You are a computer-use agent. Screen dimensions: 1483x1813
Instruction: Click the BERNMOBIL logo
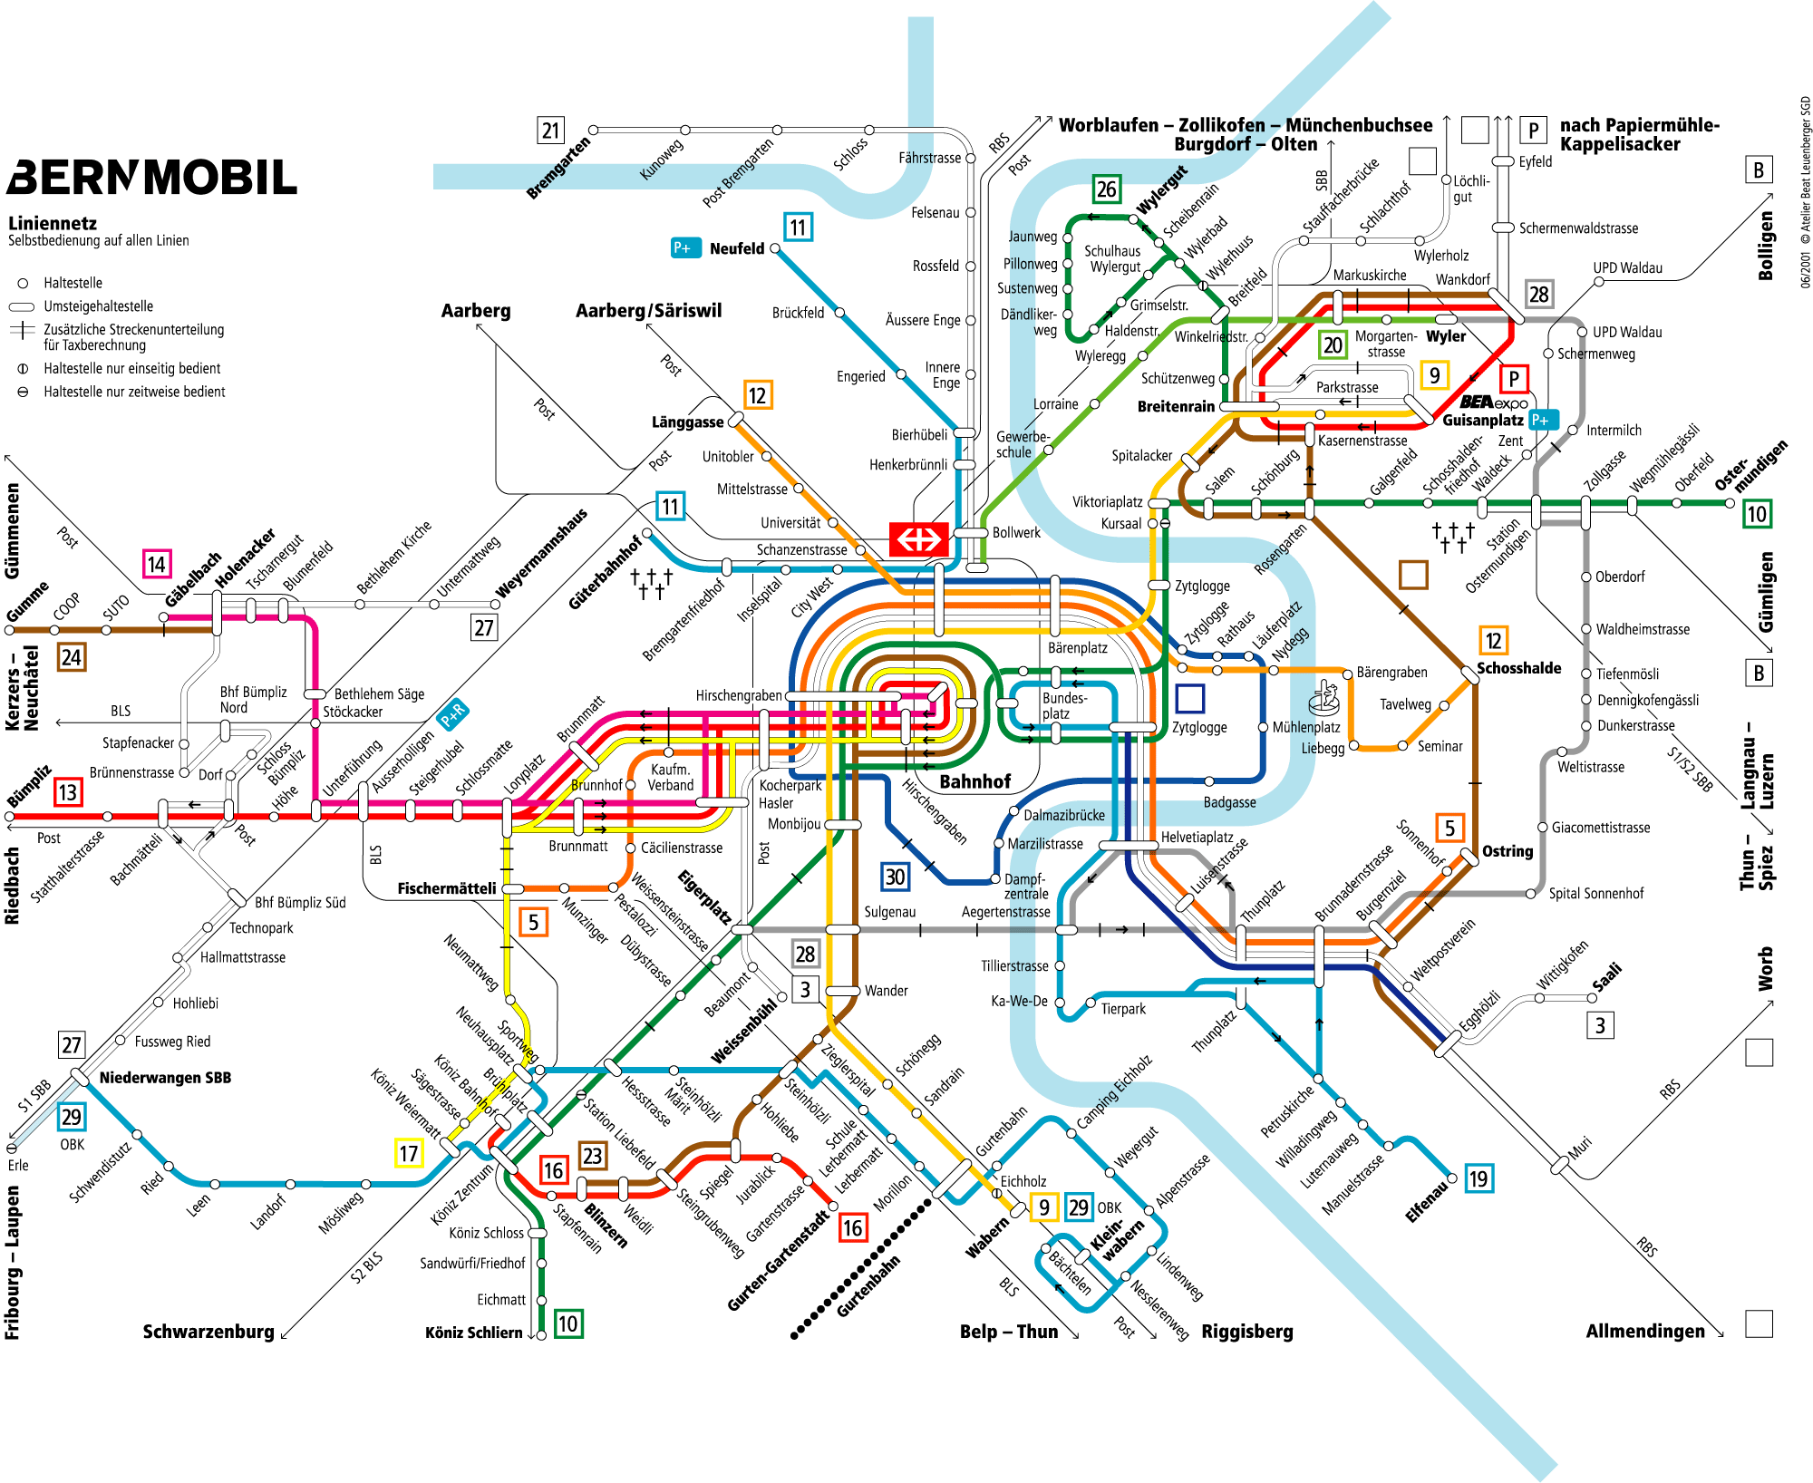click(152, 178)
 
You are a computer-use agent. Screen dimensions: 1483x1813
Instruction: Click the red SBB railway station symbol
click(918, 539)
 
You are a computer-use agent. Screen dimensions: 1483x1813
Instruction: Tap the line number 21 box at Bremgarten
click(550, 131)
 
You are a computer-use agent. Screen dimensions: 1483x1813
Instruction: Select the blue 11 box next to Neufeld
click(798, 227)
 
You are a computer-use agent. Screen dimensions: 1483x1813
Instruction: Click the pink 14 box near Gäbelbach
click(157, 565)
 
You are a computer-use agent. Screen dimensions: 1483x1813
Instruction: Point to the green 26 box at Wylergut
click(1106, 189)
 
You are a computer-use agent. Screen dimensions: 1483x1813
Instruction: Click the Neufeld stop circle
click(775, 248)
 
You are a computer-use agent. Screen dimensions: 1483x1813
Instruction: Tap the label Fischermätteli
click(446, 888)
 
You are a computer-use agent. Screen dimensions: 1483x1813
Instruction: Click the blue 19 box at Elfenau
click(1478, 1178)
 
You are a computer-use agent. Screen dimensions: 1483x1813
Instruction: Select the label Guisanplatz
click(1482, 421)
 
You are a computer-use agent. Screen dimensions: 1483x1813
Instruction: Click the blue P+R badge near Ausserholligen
click(452, 714)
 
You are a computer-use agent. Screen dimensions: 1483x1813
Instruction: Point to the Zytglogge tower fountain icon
click(1324, 698)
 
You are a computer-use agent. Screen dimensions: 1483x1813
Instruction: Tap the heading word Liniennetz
click(53, 223)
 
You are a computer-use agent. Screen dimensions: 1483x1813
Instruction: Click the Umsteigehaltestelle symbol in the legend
click(22, 306)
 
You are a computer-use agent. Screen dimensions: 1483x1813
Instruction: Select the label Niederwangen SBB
click(165, 1078)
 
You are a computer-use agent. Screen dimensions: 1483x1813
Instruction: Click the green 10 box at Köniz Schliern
click(567, 1323)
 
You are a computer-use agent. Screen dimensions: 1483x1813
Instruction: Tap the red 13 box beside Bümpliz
click(67, 792)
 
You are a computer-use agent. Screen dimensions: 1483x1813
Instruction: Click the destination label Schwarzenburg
click(208, 1331)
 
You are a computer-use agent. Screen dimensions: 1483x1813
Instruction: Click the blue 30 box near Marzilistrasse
click(895, 877)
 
